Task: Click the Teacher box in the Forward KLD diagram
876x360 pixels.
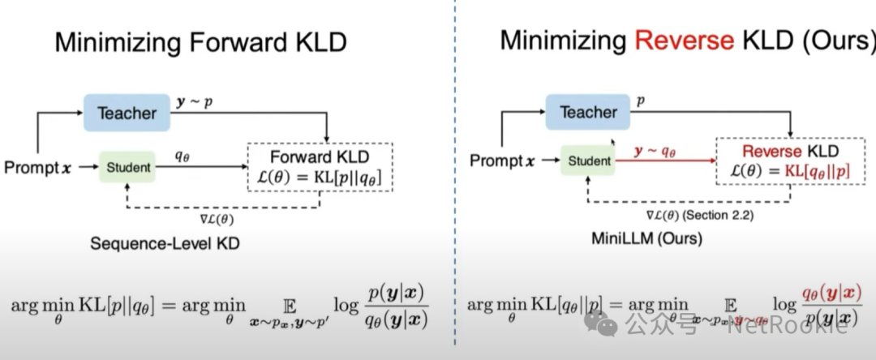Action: point(127,113)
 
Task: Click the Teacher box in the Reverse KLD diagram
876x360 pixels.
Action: point(588,111)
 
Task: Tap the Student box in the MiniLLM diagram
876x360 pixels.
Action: point(590,161)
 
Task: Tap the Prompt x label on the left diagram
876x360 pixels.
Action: point(36,168)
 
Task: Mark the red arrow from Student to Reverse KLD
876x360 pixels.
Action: point(665,161)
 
